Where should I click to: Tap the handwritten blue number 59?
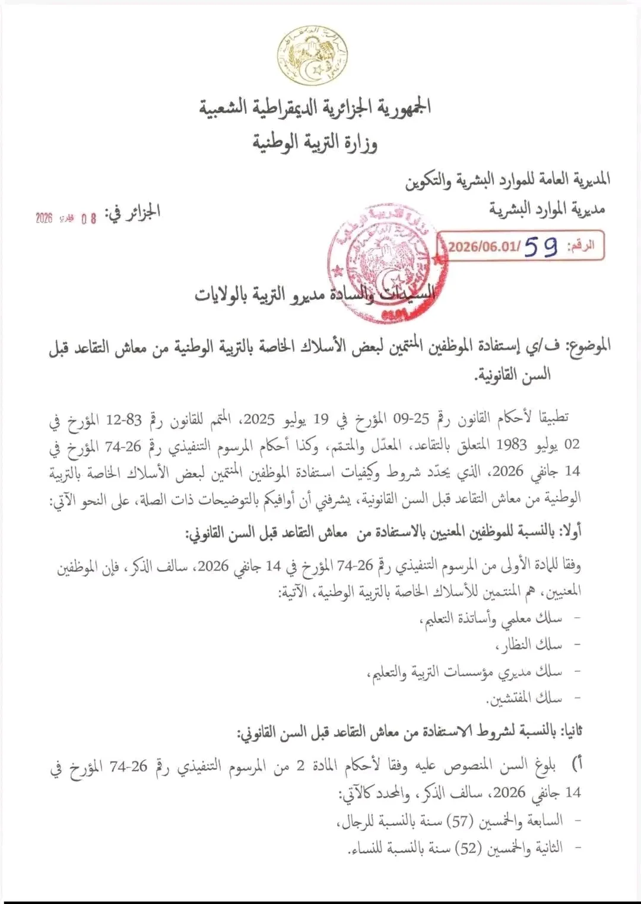tap(541, 246)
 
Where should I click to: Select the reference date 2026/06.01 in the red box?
tap(484, 246)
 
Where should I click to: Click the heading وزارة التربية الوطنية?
tap(315, 143)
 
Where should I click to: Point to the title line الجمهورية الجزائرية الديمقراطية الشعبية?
tap(315, 107)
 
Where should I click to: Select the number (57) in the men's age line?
tap(459, 821)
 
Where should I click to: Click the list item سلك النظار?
tap(529, 645)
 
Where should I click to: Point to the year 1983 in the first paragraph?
tap(512, 445)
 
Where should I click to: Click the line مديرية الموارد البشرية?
tap(547, 209)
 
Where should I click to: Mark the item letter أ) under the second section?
tap(576, 764)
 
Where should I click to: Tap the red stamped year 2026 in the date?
tap(45, 218)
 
